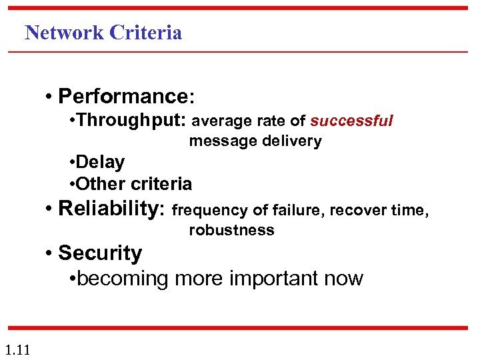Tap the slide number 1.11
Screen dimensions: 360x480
pyautogui.click(x=16, y=349)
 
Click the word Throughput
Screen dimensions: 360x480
pyautogui.click(x=132, y=121)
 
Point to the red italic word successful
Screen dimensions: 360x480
pyautogui.click(x=351, y=121)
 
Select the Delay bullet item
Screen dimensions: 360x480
pyautogui.click(x=100, y=162)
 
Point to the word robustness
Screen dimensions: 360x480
pyautogui.click(x=231, y=231)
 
